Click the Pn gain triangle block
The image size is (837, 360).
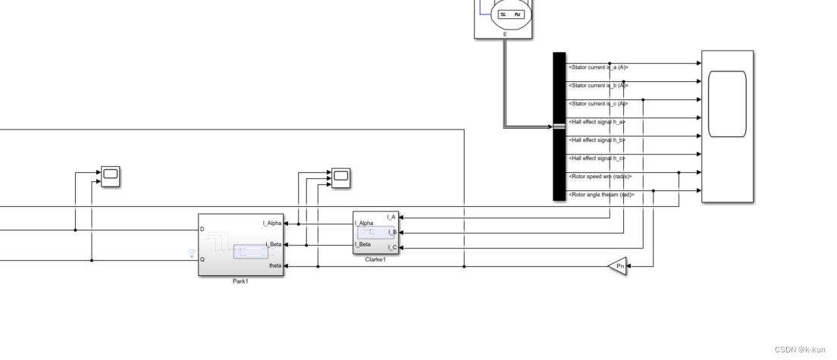pyautogui.click(x=619, y=266)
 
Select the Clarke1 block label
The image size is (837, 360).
pyautogui.click(x=376, y=259)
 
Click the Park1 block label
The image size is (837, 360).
pyautogui.click(x=240, y=281)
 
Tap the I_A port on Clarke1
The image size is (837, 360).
pyautogui.click(x=391, y=217)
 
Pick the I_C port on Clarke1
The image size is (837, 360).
pyautogui.click(x=391, y=247)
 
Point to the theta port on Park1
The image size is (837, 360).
pyautogui.click(x=275, y=266)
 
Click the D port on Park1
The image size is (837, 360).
pyautogui.click(x=202, y=229)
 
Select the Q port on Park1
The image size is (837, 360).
pyautogui.click(x=202, y=259)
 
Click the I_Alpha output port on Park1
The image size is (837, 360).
pyautogui.click(x=271, y=223)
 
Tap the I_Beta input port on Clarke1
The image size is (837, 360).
pyautogui.click(x=363, y=244)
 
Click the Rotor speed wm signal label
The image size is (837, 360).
pyautogui.click(x=600, y=177)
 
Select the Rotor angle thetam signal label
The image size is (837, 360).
pyautogui.click(x=600, y=195)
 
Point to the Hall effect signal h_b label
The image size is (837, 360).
pyautogui.click(x=597, y=140)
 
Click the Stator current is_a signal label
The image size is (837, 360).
pyautogui.click(x=598, y=67)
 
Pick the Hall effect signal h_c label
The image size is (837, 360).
pyautogui.click(x=597, y=158)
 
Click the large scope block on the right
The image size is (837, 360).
pyautogui.click(x=727, y=126)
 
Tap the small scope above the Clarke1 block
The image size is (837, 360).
pyautogui.click(x=341, y=177)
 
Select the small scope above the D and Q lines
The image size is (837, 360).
pyautogui.click(x=111, y=176)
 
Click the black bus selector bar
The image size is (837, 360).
pyautogui.click(x=560, y=126)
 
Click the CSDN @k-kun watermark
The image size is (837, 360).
pyautogui.click(x=800, y=349)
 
